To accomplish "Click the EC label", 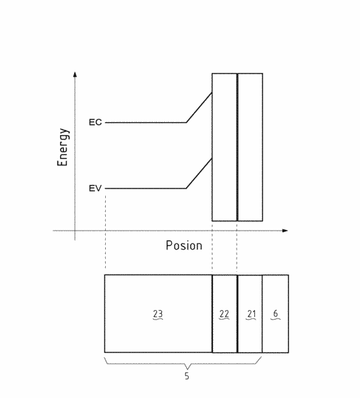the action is point(95,122).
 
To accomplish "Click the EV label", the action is point(95,188).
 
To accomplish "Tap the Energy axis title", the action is point(63,147).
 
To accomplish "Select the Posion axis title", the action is point(184,246).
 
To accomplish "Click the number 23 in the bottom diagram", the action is point(158,314).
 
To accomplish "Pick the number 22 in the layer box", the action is point(224,314).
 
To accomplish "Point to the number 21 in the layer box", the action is point(251,314).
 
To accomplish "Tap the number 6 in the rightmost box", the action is point(276,314).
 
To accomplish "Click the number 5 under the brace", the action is point(187,376).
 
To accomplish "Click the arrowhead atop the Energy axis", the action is point(75,74).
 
